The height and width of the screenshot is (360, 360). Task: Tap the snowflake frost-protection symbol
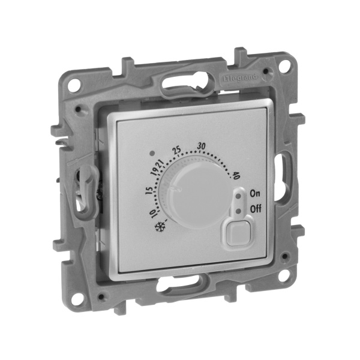160,227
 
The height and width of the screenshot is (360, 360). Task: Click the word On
254,193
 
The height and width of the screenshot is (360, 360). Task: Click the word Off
255,209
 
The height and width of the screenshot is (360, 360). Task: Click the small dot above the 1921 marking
155,152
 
